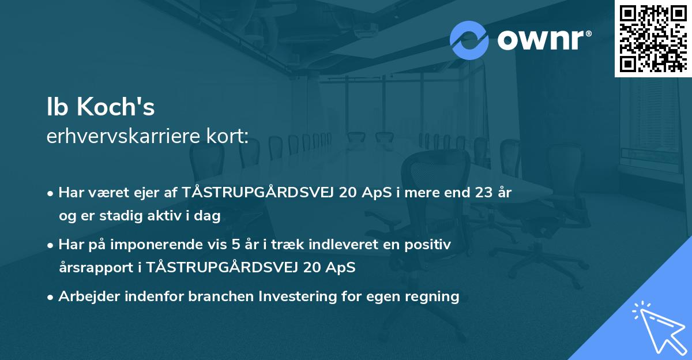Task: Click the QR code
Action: (x=653, y=38)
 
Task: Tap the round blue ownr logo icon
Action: (x=469, y=40)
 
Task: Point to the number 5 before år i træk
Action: (x=235, y=245)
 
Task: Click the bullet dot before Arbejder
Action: (x=51, y=297)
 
